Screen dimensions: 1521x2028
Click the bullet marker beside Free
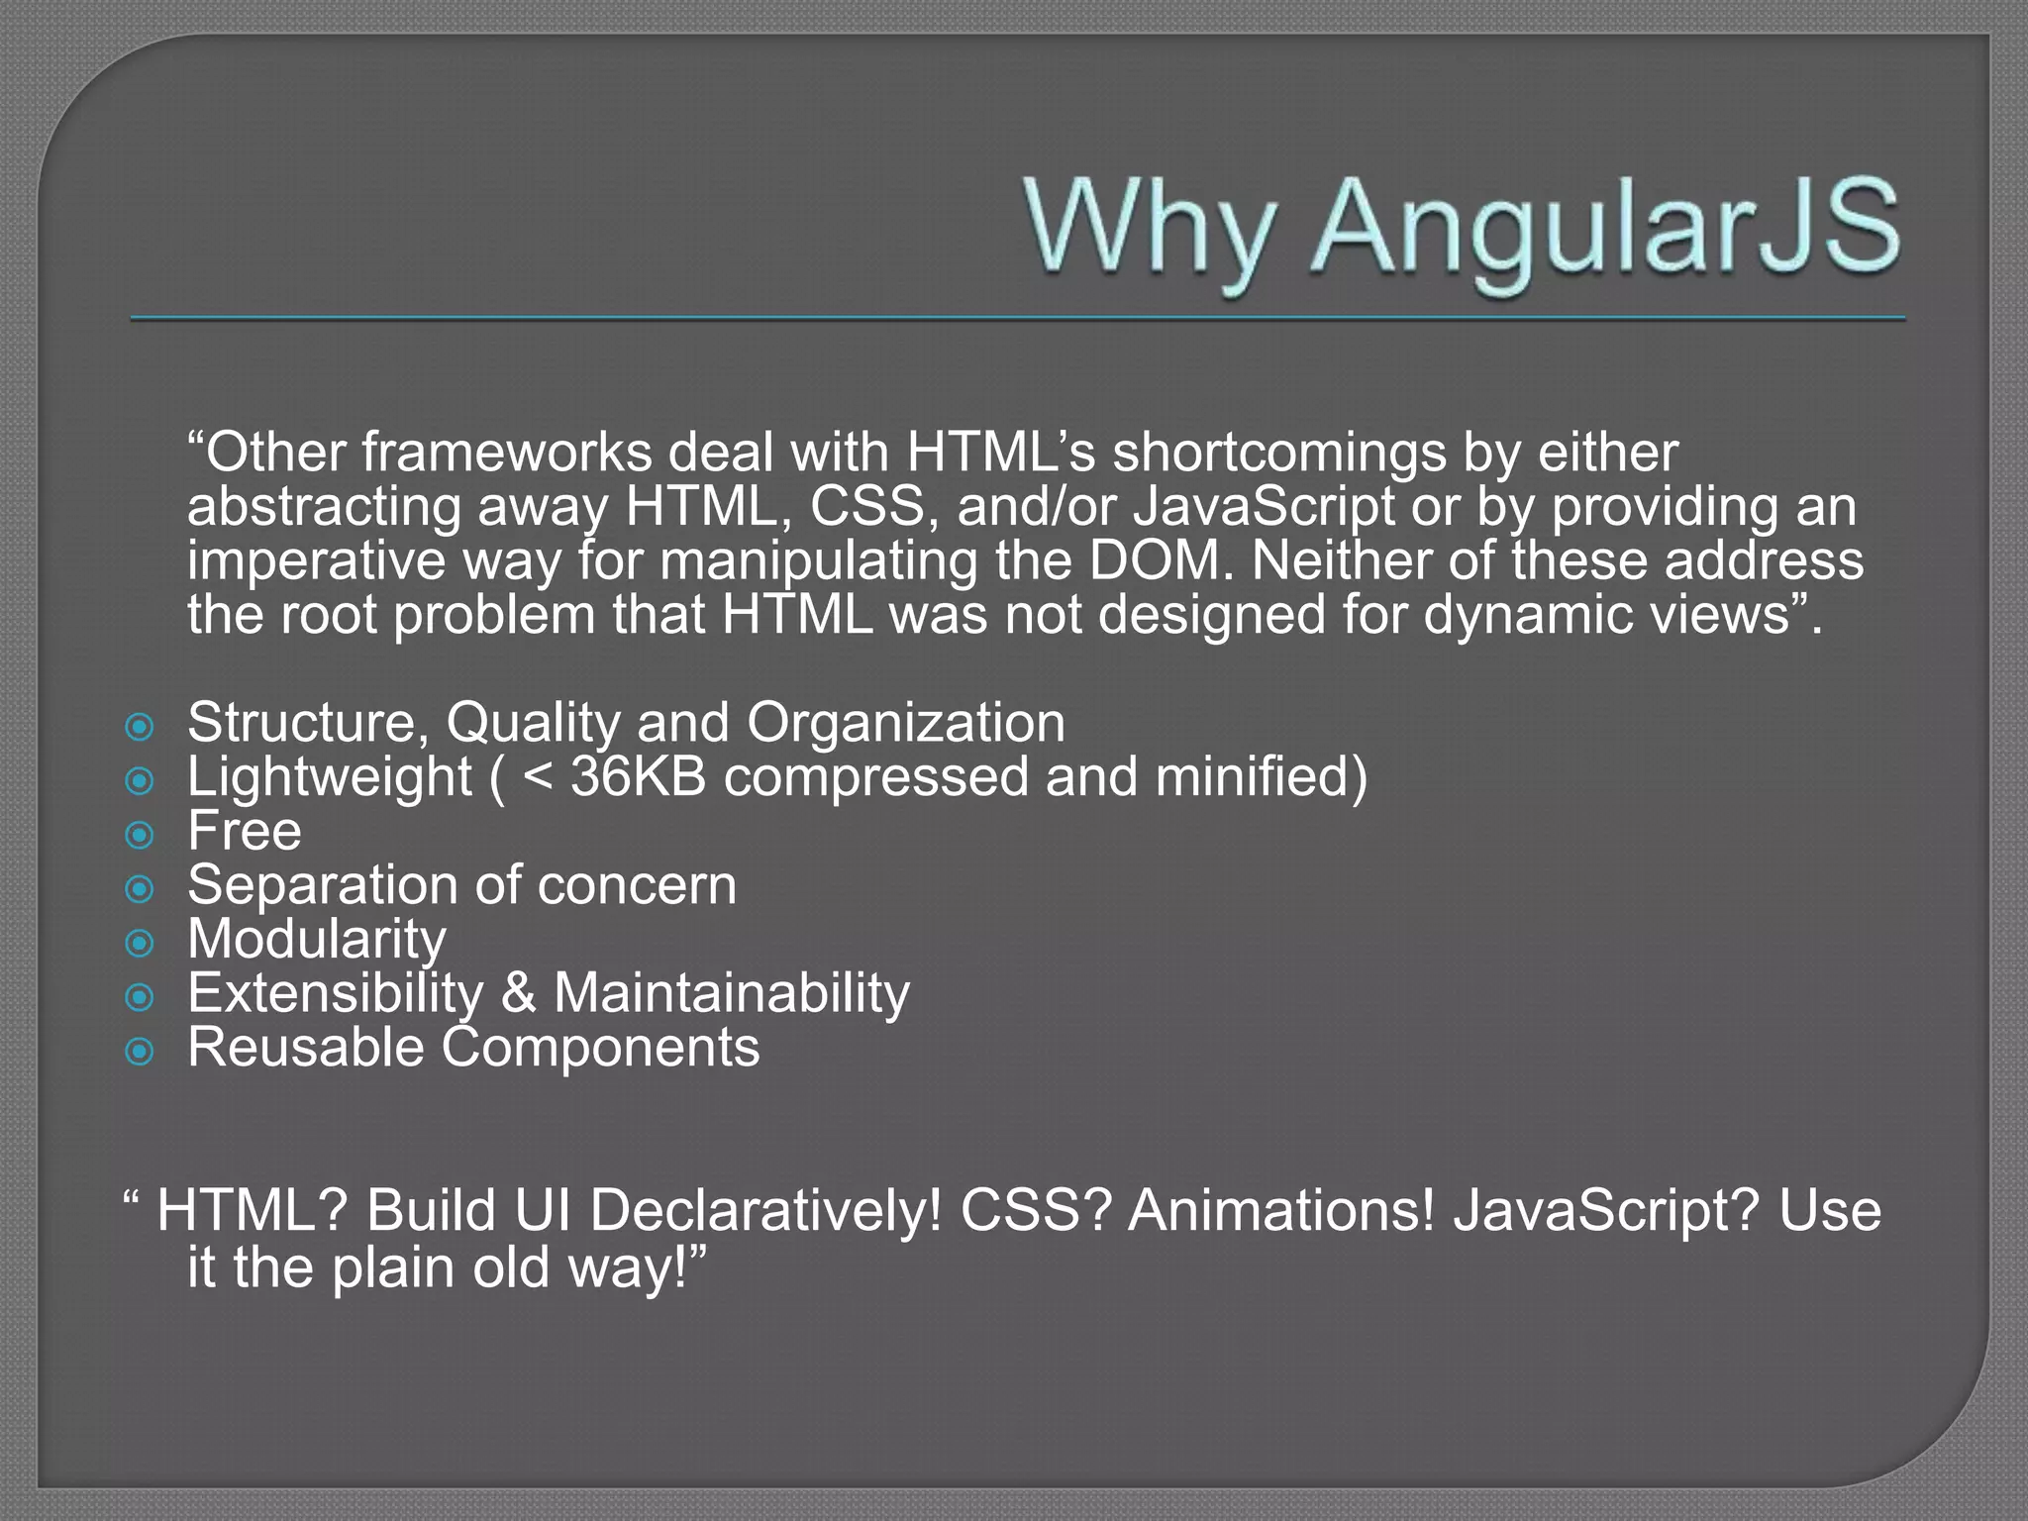[x=141, y=835]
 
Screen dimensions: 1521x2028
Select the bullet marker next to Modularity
[x=141, y=943]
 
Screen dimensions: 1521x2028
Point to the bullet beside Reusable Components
[x=141, y=1051]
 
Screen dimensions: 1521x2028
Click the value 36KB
[x=638, y=776]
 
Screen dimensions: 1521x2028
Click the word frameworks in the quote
[x=506, y=453]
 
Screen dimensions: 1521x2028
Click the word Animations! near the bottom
[x=1281, y=1211]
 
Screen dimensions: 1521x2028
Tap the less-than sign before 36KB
[x=537, y=777]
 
